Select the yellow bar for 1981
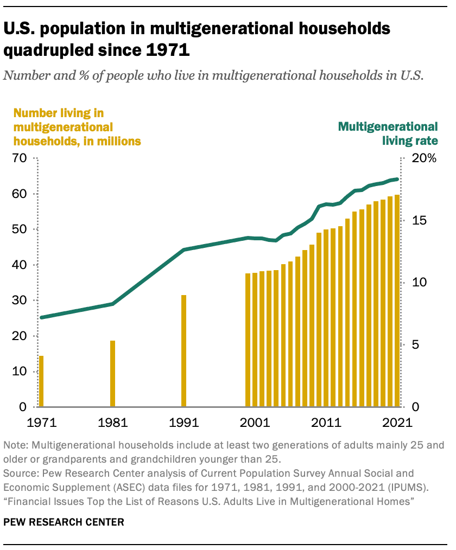tap(113, 374)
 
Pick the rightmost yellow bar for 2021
tap(397, 301)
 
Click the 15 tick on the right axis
tap(415, 221)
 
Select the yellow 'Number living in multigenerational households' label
tap(77, 127)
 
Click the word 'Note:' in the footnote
tap(16, 445)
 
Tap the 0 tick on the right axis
tap(414, 407)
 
